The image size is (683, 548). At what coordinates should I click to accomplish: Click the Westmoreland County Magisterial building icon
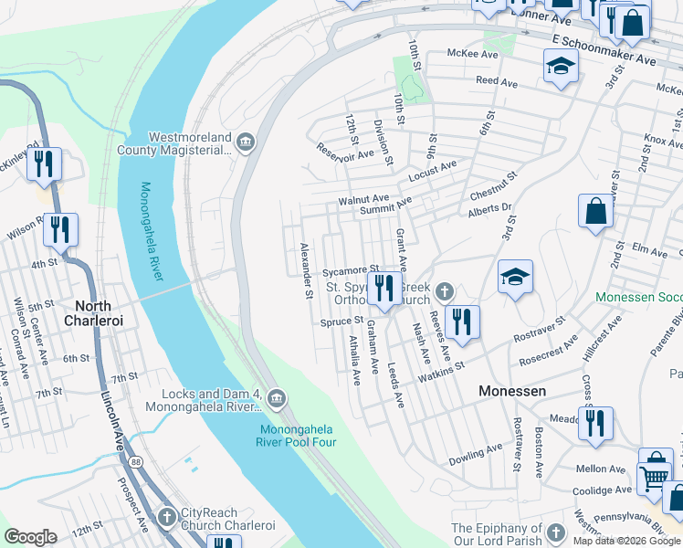point(245,142)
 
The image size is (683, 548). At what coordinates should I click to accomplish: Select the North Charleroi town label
point(93,313)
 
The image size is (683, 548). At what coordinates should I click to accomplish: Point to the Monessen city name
point(513,390)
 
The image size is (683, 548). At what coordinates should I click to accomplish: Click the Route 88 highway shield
point(135,463)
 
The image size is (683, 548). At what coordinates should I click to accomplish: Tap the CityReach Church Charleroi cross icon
point(166,517)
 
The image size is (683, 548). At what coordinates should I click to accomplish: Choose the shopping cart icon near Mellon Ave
point(654,475)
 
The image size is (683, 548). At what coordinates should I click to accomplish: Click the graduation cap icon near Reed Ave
point(561,66)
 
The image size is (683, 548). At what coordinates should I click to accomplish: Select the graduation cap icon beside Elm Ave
point(515,277)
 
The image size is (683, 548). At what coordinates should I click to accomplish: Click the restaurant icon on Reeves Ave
point(462,321)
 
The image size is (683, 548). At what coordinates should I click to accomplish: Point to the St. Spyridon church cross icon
point(444,291)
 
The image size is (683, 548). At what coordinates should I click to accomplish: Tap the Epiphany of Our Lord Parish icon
point(555,530)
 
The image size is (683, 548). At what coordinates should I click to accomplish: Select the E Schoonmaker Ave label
point(604,51)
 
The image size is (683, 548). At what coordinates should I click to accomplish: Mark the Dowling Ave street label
point(475,450)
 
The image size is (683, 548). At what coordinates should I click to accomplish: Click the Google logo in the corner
point(30,537)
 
